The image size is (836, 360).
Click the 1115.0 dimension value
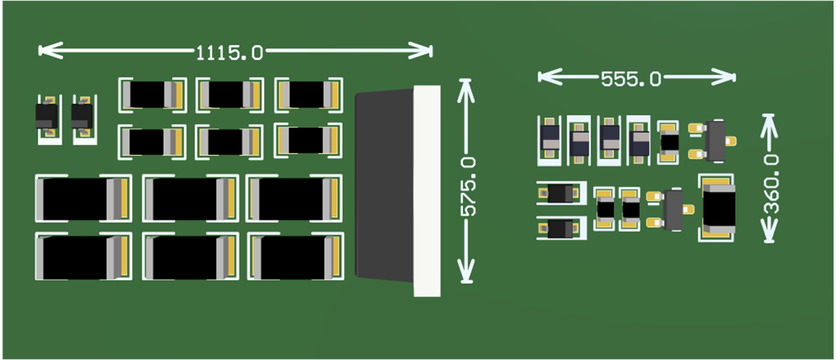[229, 53]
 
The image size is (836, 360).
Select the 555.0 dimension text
[631, 79]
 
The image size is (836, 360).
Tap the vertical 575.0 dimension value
[468, 186]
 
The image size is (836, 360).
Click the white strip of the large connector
[427, 191]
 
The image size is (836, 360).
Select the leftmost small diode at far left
[46, 117]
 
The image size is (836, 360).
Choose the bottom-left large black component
[82, 256]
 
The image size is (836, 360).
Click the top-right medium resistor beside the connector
[308, 94]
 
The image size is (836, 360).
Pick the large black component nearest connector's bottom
[295, 256]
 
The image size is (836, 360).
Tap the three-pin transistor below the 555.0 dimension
[715, 141]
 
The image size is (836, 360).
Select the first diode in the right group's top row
[549, 140]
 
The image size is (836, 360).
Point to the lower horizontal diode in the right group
[560, 228]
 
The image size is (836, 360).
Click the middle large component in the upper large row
[190, 199]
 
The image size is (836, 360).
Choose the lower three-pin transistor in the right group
[673, 209]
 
